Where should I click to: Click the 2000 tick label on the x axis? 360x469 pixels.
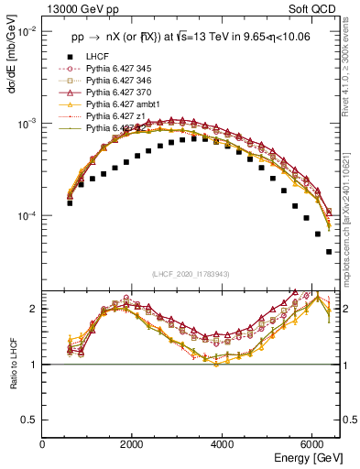click(x=133, y=443)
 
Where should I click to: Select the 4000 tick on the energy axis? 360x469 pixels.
click(x=223, y=443)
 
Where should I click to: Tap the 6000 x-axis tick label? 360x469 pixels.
click(x=312, y=443)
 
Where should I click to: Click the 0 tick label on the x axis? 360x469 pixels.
click(x=43, y=443)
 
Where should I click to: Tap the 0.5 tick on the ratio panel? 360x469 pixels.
click(x=28, y=420)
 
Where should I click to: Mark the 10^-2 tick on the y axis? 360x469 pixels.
click(x=26, y=30)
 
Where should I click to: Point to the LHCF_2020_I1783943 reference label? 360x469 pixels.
click(x=191, y=274)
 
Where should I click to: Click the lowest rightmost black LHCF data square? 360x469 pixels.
click(x=329, y=251)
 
